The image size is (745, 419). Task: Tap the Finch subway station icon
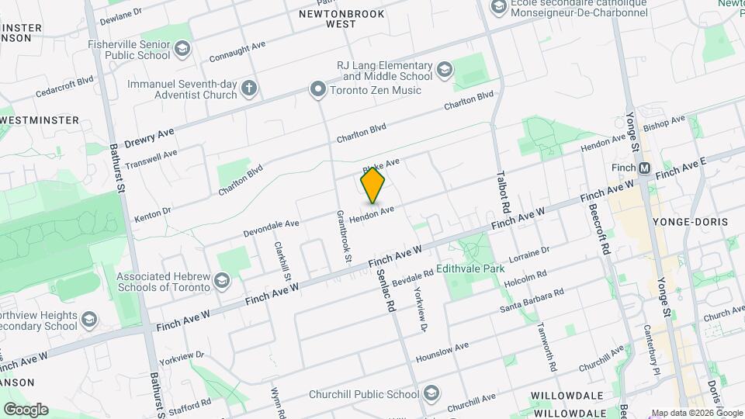pos(643,168)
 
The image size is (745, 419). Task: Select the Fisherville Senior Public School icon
pos(182,50)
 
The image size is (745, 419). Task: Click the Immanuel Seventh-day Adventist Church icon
pos(248,88)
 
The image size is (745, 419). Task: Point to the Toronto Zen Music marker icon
pos(317,90)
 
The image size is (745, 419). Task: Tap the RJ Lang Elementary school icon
pos(444,70)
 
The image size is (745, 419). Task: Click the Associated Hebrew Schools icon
pos(222,280)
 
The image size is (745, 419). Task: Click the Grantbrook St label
pos(343,234)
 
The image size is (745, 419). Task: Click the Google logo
pos(26,410)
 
